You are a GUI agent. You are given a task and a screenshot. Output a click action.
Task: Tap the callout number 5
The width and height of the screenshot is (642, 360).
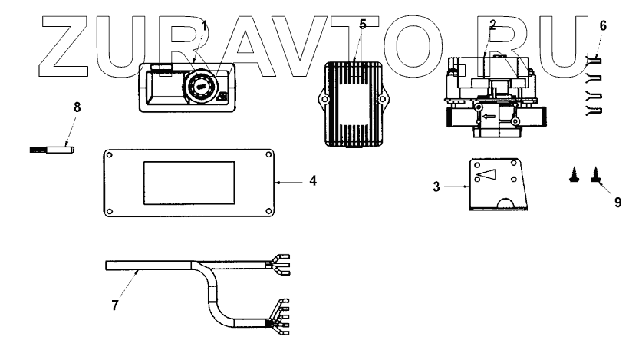(x=363, y=24)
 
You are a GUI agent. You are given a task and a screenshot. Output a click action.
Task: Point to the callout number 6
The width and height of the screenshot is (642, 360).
(x=603, y=25)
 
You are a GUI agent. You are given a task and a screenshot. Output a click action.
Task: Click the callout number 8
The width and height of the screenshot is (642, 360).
(x=77, y=108)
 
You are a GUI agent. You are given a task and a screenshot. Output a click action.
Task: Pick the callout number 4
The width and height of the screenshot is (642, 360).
(x=313, y=182)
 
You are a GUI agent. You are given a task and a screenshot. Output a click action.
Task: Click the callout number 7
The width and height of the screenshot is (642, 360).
(x=115, y=306)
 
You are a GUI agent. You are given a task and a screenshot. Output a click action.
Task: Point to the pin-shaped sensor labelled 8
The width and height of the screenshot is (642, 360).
(x=54, y=147)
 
